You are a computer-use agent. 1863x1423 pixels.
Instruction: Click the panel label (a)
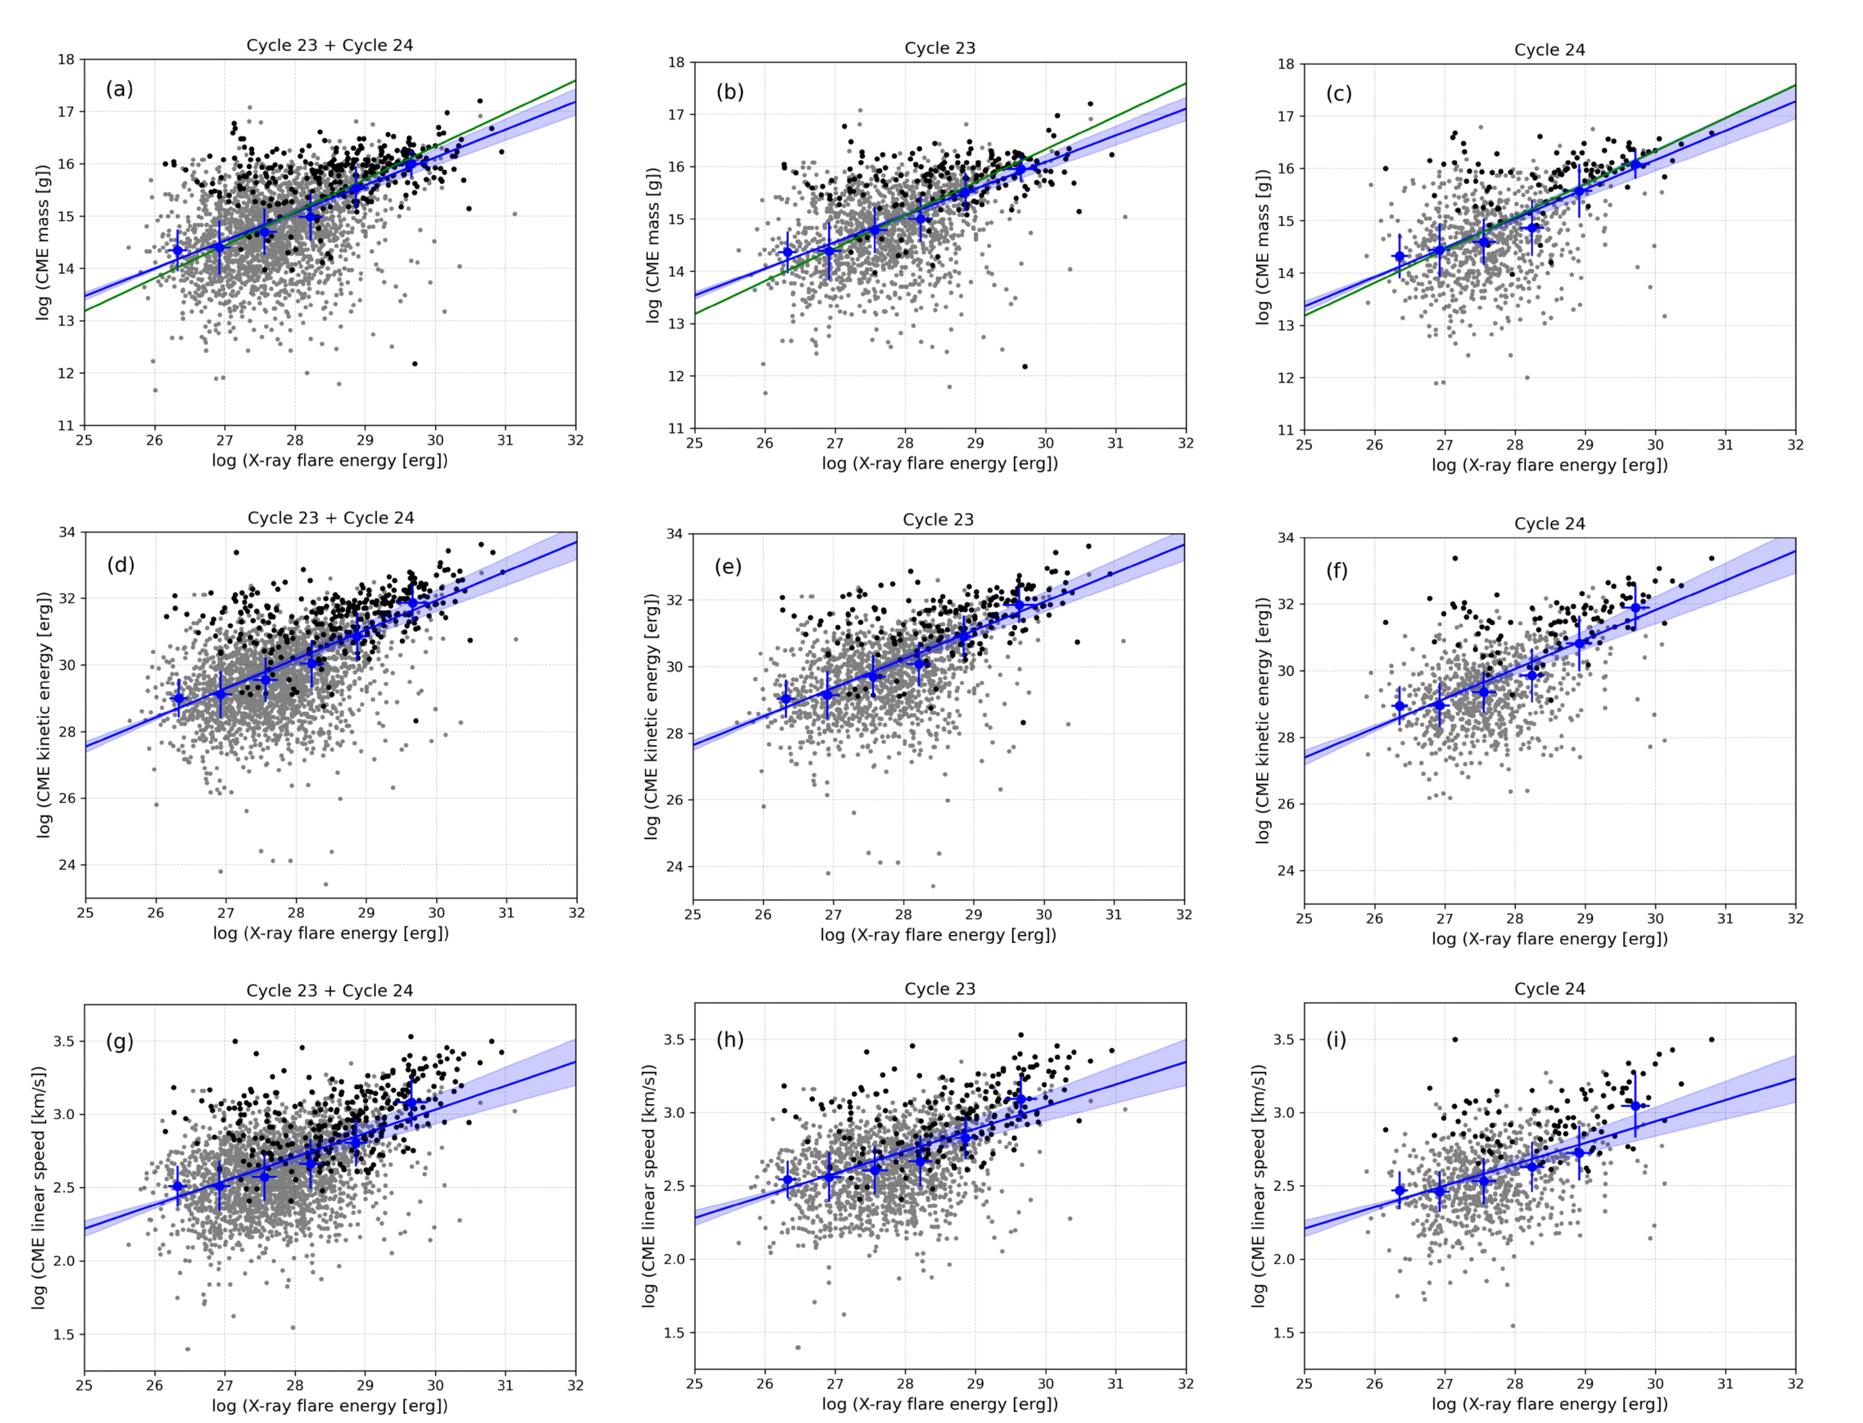[x=119, y=89]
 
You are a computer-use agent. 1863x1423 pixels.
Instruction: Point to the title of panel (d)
[x=330, y=518]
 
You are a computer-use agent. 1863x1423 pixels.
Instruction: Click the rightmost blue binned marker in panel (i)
[x=1635, y=1105]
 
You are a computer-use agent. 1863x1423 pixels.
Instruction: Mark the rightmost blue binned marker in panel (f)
[x=1635, y=608]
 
